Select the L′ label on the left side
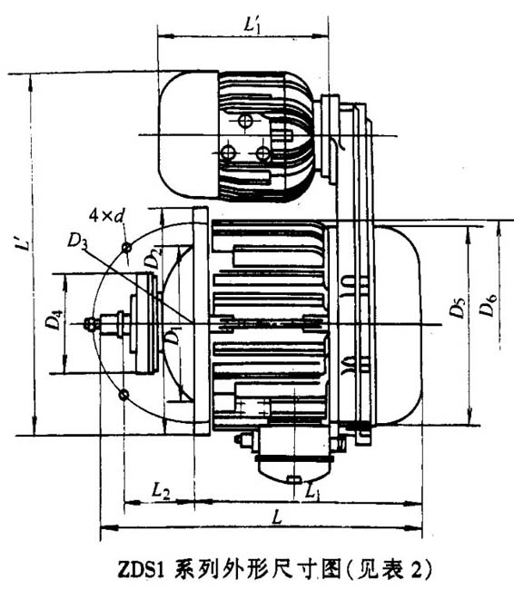20,243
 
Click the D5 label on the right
459,309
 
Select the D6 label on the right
489,309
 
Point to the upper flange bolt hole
126,248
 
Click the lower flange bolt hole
124,394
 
